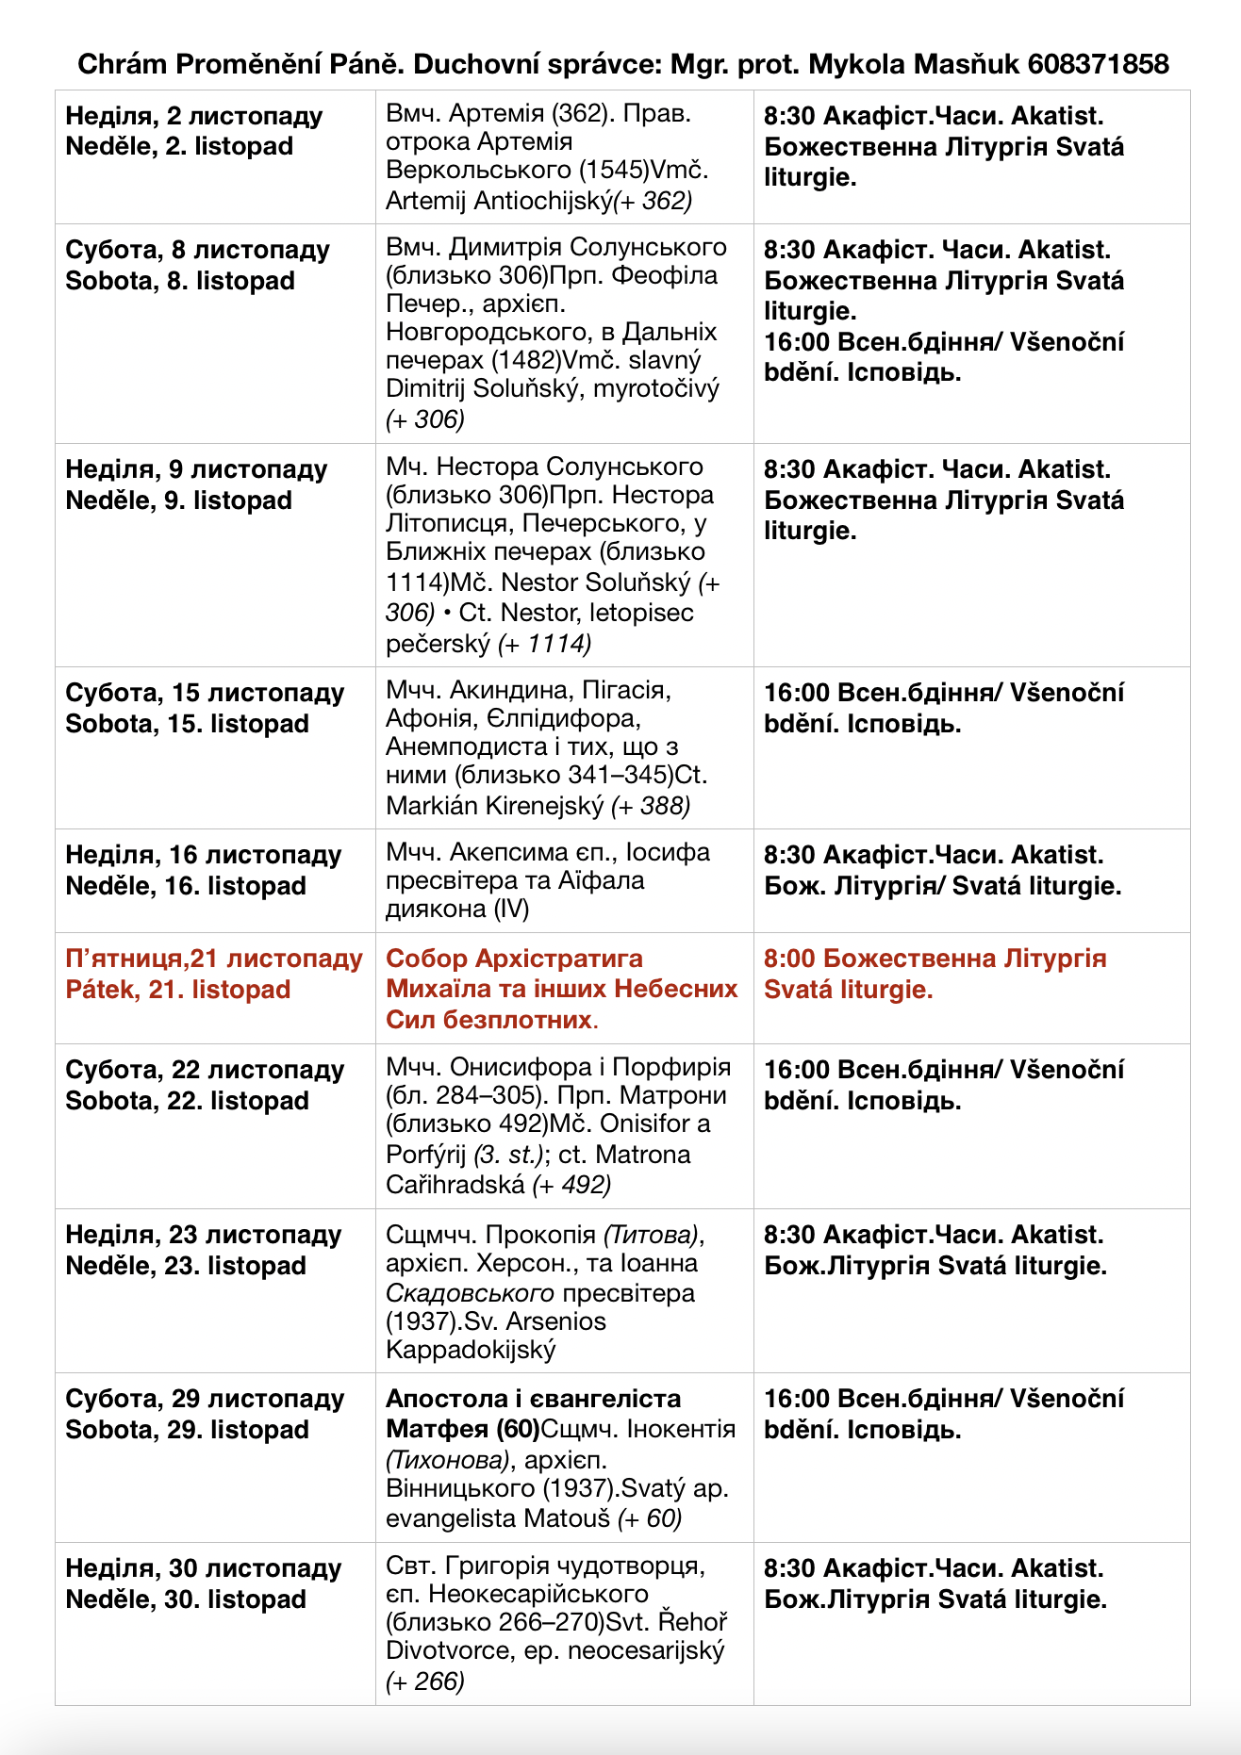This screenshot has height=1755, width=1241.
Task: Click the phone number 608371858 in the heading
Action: tap(1098, 64)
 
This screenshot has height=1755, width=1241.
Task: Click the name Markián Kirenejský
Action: tap(494, 806)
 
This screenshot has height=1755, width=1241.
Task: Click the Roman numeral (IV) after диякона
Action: tap(511, 909)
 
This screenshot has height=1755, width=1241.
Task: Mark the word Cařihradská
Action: tap(455, 1185)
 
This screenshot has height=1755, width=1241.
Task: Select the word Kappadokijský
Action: tap(471, 1350)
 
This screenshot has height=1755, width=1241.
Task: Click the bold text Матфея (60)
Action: tap(463, 1430)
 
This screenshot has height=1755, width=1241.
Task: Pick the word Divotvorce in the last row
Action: tap(448, 1650)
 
